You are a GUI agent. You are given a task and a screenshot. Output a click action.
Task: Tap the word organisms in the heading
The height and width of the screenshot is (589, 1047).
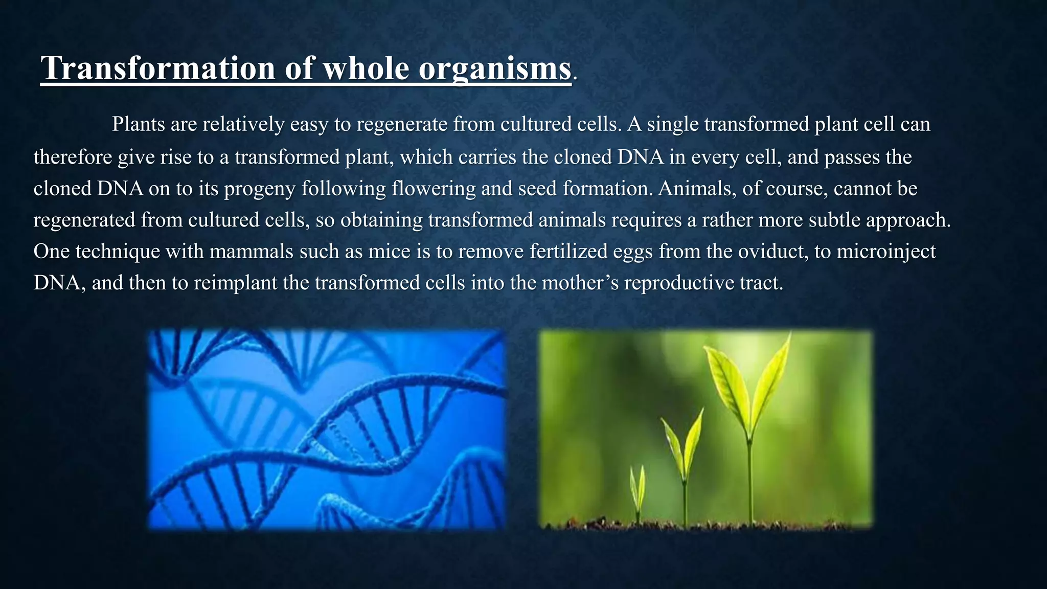click(x=494, y=68)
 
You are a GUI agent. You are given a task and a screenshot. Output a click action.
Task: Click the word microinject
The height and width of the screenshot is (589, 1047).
click(x=886, y=252)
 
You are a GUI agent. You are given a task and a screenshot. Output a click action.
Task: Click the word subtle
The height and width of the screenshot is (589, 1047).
click(x=834, y=220)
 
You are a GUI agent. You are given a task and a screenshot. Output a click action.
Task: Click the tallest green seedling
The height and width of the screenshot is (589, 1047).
click(x=747, y=399)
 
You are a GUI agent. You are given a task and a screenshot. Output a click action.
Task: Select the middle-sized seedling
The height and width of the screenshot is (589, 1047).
click(x=682, y=450)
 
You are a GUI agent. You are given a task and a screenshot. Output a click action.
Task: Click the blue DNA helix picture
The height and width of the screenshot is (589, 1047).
click(x=327, y=429)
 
